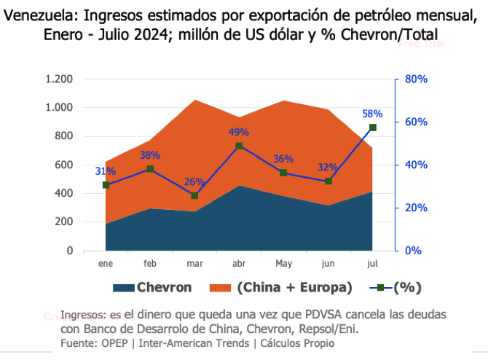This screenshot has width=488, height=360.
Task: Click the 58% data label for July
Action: (x=372, y=114)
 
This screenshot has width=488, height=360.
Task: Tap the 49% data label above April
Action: (x=239, y=132)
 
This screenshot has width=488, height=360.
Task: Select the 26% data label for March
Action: (x=194, y=181)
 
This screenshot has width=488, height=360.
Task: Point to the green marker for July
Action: (x=373, y=128)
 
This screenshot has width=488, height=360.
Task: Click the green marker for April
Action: (x=239, y=146)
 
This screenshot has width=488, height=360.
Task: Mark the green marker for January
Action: (x=106, y=185)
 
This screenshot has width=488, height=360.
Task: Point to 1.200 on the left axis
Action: (x=59, y=79)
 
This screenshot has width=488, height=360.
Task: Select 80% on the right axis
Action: (x=416, y=79)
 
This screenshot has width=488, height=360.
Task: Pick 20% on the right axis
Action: (x=416, y=208)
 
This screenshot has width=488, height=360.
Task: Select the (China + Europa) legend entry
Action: (x=294, y=287)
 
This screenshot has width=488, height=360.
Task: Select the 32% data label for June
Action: (x=328, y=168)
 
